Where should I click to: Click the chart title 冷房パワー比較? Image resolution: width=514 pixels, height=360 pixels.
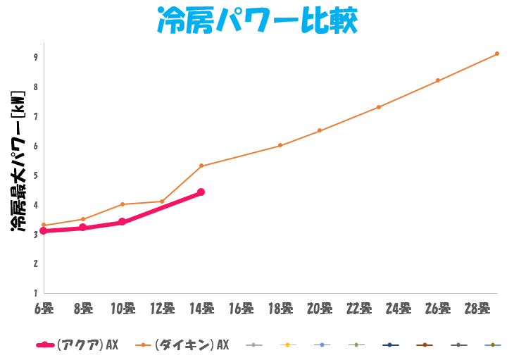[x=256, y=22]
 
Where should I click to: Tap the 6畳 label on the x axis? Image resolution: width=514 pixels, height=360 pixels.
[x=44, y=308]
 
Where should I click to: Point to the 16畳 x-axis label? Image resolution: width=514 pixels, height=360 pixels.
[x=241, y=308]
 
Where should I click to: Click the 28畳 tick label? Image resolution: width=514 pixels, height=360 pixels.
[x=477, y=308]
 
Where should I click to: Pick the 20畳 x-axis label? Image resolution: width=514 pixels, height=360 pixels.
[x=320, y=308]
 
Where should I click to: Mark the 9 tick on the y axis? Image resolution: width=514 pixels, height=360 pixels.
[x=35, y=57]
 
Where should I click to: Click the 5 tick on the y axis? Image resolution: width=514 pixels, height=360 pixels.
[x=35, y=175]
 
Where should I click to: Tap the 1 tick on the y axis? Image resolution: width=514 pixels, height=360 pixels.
[x=35, y=292]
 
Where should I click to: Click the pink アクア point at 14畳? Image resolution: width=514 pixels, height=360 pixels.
[x=201, y=192]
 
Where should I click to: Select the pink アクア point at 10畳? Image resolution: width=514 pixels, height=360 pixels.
[x=123, y=222]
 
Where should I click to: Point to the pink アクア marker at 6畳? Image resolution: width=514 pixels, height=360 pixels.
[x=44, y=230]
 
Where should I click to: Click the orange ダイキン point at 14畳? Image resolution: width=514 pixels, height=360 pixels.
[x=201, y=166]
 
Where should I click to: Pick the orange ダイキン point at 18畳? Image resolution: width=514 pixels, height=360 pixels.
[x=280, y=145]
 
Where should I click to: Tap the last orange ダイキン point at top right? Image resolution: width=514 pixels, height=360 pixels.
[x=497, y=54]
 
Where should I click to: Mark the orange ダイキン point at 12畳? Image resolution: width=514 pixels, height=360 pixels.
[x=162, y=201]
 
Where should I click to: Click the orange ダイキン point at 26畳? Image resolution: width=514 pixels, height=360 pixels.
[x=438, y=80]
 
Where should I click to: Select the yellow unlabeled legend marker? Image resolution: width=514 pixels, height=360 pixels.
[x=288, y=345]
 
